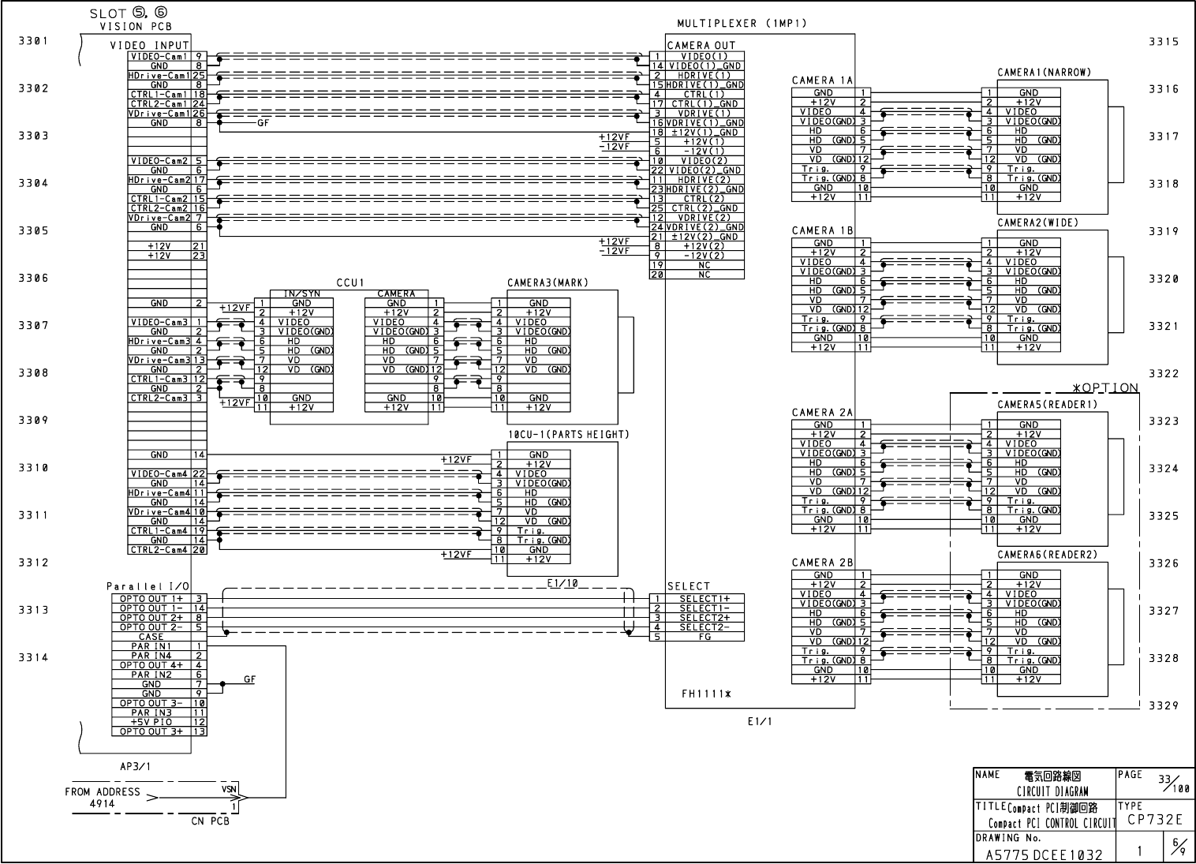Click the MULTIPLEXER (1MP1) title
click(742, 24)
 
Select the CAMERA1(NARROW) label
click(1044, 73)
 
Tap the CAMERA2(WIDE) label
click(1037, 223)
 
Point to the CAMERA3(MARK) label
click(548, 282)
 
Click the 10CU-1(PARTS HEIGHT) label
click(568, 435)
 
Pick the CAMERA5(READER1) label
click(1047, 405)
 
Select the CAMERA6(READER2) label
click(1047, 555)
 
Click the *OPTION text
click(1105, 387)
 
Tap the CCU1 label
click(349, 282)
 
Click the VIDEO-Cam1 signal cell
click(159, 57)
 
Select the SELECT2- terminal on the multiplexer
click(704, 627)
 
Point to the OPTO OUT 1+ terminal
click(151, 599)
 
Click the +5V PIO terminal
click(151, 722)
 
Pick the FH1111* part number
click(706, 694)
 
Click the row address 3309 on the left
click(33, 421)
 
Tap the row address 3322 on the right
click(1164, 373)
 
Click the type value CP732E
click(1155, 820)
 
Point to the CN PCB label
click(210, 821)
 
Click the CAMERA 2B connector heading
click(822, 563)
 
